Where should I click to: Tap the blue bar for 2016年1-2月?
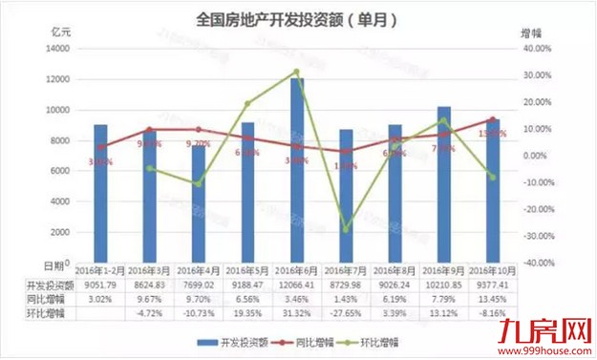pos(100,196)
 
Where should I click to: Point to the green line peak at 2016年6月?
pos(296,72)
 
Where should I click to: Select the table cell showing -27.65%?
pos(347,311)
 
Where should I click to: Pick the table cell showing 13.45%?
pos(494,297)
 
